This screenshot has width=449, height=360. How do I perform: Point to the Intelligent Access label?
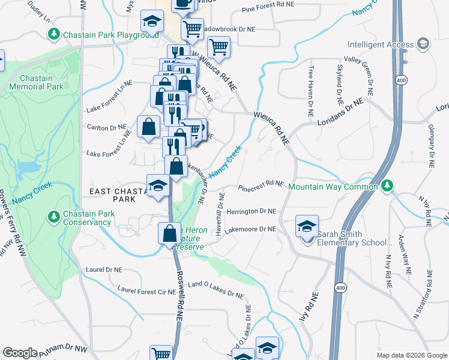(x=380, y=44)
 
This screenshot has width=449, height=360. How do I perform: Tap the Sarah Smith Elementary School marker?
(x=306, y=228)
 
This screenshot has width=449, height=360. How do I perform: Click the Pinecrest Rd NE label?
(x=261, y=186)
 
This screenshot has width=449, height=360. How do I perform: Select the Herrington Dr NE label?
(x=251, y=212)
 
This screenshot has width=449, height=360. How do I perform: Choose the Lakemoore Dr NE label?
(x=251, y=229)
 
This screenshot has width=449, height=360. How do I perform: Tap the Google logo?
(x=20, y=353)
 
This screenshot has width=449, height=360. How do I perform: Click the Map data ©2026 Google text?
(x=411, y=355)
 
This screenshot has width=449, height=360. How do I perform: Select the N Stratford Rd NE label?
(x=423, y=295)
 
